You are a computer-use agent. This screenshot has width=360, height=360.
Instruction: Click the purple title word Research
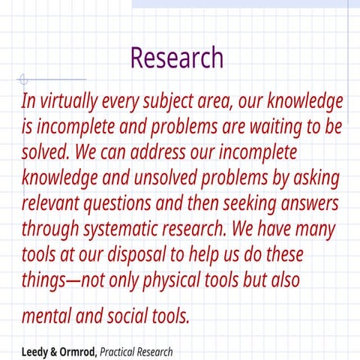point(177,57)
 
